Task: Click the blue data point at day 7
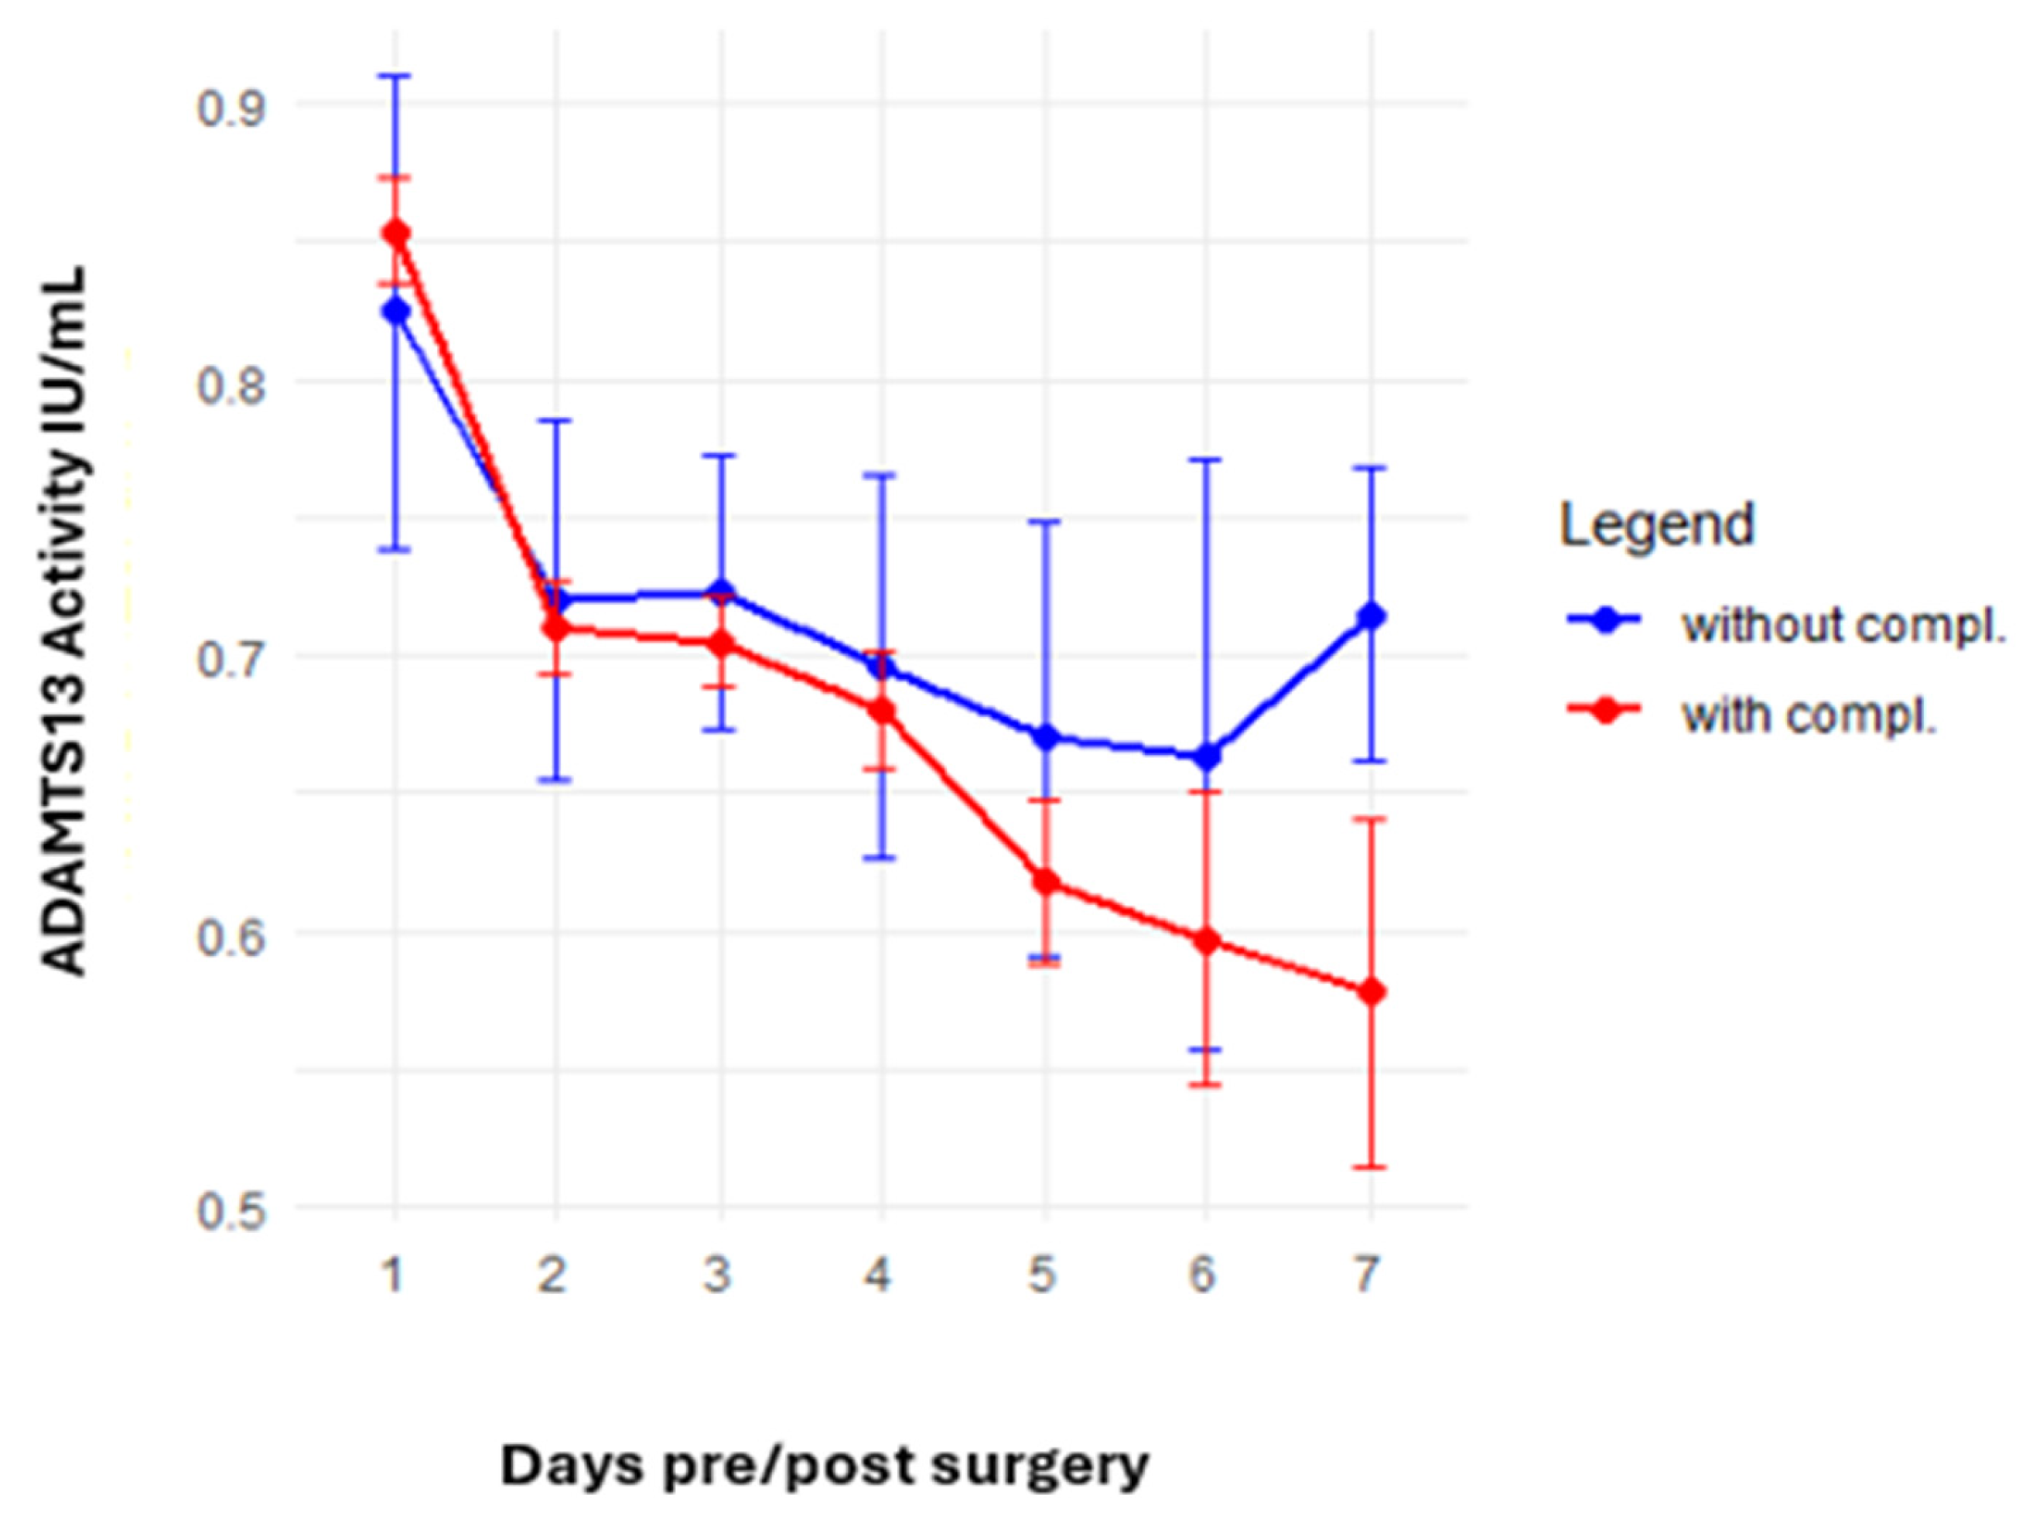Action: [1371, 616]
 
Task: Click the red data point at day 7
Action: [1371, 992]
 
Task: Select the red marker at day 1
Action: [395, 233]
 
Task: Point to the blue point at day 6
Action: [1208, 757]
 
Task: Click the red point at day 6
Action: [1208, 940]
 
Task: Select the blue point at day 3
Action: [722, 592]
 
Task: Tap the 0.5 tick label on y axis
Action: [229, 1211]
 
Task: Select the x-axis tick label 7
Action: [1367, 1274]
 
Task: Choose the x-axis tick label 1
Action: [393, 1274]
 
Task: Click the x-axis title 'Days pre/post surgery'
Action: [825, 1466]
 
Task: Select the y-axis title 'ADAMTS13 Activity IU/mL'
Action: [66, 623]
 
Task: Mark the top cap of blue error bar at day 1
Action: [395, 75]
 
